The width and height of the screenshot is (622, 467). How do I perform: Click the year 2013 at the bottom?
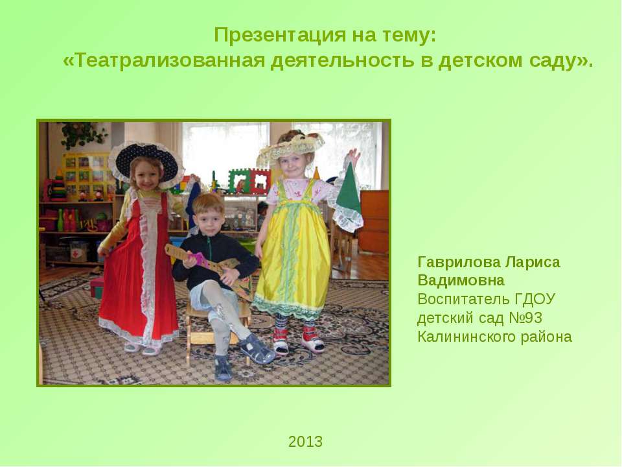[305, 442]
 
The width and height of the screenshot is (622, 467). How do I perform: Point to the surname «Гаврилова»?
[459, 262]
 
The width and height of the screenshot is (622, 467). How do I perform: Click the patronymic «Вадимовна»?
[461, 280]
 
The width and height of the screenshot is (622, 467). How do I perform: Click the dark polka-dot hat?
[148, 163]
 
